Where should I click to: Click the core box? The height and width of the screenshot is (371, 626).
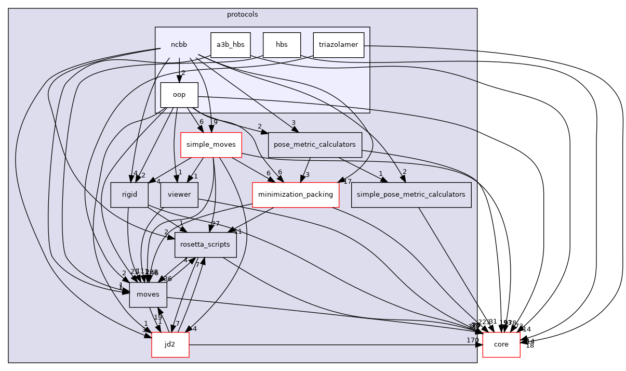[501, 345]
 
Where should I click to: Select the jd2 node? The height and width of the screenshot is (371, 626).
[170, 345]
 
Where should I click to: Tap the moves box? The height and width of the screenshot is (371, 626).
[148, 295]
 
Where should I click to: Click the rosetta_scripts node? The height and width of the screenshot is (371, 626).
[205, 245]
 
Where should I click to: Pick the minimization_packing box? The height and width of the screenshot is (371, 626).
[295, 195]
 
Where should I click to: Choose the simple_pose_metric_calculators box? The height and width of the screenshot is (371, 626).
[411, 195]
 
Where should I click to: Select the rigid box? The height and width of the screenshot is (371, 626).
[129, 195]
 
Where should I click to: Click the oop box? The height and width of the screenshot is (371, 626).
[179, 95]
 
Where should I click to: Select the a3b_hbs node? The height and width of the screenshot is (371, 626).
[230, 45]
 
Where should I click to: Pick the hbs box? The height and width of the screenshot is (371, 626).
[282, 45]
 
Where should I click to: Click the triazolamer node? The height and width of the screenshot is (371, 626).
[338, 45]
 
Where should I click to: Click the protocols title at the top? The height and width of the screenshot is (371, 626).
[242, 14]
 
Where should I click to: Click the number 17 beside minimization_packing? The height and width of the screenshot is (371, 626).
[348, 181]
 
